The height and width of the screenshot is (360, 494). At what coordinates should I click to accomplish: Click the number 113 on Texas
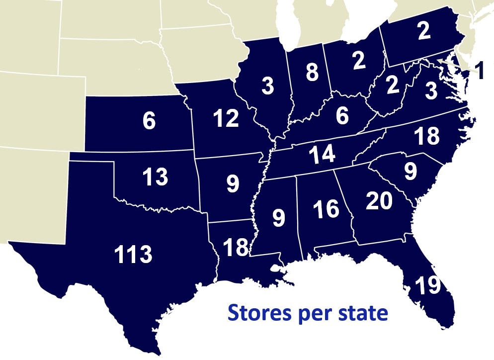[133, 255]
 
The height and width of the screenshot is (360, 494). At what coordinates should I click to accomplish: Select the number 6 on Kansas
[149, 122]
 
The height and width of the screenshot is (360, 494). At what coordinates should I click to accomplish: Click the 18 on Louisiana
[236, 247]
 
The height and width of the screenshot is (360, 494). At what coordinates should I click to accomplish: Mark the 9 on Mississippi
[278, 217]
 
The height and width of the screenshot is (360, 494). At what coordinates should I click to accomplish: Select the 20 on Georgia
[379, 201]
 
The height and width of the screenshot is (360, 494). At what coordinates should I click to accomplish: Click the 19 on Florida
[427, 286]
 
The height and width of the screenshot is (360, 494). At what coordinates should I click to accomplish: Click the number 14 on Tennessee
[322, 155]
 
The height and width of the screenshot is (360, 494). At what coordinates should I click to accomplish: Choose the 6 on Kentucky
[342, 116]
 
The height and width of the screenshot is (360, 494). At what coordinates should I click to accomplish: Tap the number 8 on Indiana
[312, 73]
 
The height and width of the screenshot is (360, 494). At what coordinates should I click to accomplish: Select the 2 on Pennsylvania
[423, 31]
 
